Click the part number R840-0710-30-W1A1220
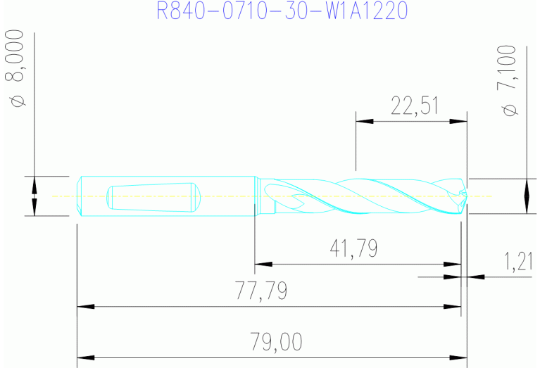(282, 12)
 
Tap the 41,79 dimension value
(353, 248)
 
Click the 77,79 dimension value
(263, 290)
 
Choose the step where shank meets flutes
(256, 196)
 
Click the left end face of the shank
(77, 196)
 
